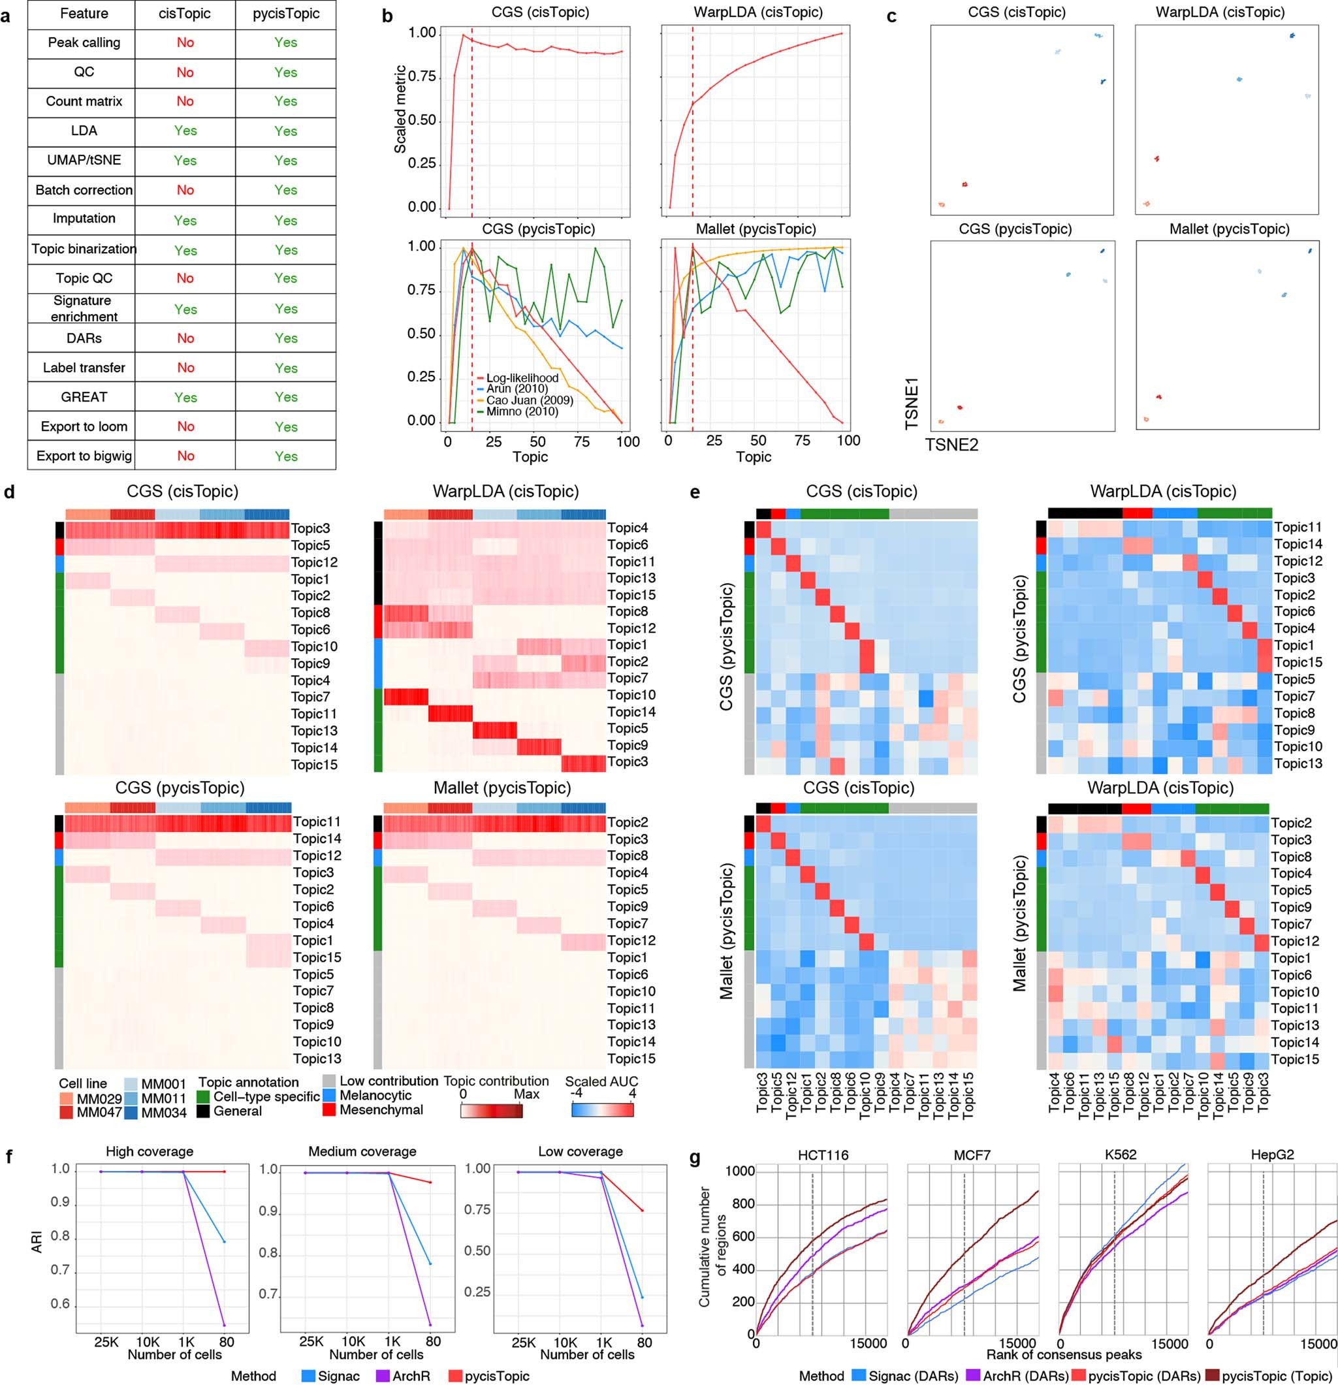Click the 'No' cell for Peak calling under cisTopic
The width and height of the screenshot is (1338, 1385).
point(185,42)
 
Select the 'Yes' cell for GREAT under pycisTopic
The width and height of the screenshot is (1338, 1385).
point(285,397)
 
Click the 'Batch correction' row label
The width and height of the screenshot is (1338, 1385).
point(84,190)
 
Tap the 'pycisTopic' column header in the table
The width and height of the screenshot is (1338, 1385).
point(285,14)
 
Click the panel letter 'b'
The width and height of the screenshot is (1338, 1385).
point(387,15)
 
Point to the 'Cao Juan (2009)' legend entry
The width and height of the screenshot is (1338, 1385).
point(530,400)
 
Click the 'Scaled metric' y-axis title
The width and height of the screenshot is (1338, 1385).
point(401,109)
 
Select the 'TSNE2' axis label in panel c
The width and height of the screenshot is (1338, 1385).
point(951,444)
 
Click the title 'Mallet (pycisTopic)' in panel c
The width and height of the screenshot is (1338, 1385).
point(1228,229)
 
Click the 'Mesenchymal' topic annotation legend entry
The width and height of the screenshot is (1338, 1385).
point(381,1109)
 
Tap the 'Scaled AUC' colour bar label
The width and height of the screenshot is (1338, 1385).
point(601,1081)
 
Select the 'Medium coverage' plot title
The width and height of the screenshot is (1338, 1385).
point(362,1151)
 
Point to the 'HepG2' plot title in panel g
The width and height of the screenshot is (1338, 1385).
point(1273,1155)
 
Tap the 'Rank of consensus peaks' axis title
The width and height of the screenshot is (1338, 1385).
point(1063,1354)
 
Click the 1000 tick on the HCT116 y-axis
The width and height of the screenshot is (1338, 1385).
point(740,1171)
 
